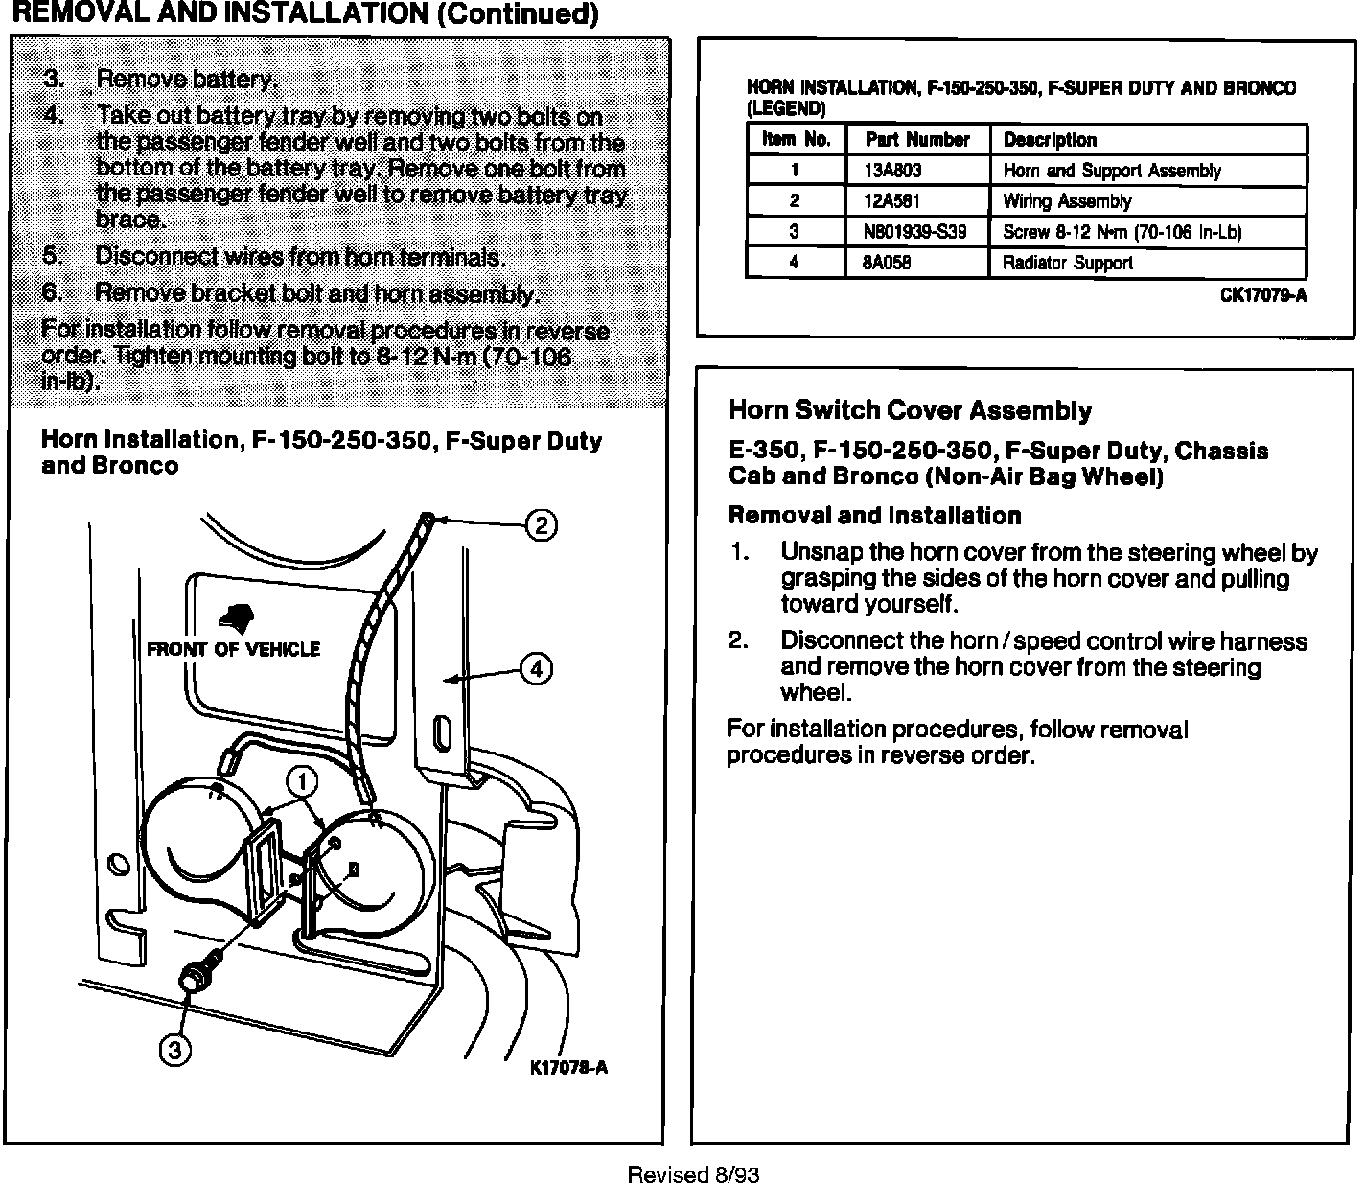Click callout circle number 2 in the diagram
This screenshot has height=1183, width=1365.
click(542, 524)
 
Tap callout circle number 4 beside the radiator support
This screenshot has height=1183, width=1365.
click(535, 668)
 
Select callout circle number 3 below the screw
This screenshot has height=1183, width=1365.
click(174, 1051)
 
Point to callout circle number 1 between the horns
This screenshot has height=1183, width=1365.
click(302, 782)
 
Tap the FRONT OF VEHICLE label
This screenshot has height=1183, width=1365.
click(233, 650)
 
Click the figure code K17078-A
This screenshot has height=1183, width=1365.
click(568, 1067)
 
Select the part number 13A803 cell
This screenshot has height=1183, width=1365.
click(892, 171)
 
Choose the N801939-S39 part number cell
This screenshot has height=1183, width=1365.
click(914, 232)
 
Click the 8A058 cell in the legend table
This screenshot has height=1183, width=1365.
click(888, 263)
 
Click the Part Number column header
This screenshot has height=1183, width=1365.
click(917, 140)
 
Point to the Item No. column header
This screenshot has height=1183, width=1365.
click(796, 140)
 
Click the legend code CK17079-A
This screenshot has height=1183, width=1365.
click(1262, 295)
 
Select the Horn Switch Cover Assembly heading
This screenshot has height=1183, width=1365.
click(910, 410)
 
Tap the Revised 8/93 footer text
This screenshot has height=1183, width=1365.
click(693, 1174)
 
